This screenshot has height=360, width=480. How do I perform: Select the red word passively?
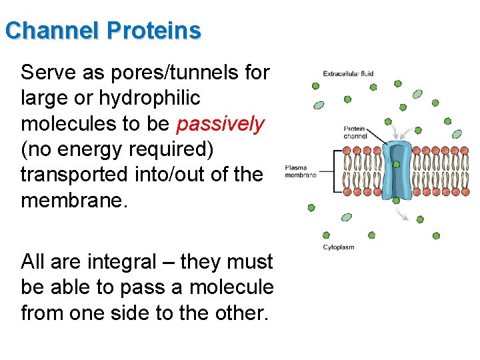pyautogui.click(x=221, y=124)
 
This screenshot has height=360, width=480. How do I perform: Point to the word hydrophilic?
pyautogui.click(x=149, y=98)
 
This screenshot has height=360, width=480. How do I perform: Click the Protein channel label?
pyautogui.click(x=355, y=132)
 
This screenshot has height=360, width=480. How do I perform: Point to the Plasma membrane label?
pyautogui.click(x=301, y=171)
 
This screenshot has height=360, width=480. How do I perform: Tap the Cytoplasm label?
pyautogui.click(x=339, y=247)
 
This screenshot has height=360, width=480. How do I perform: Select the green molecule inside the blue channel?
pyautogui.click(x=397, y=164)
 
